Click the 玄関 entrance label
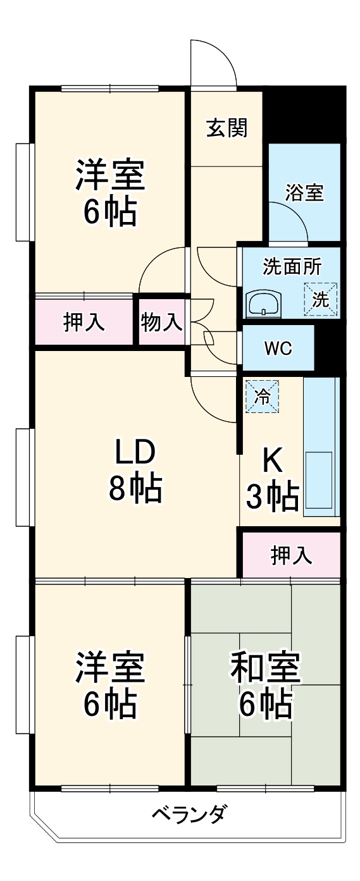[x=226, y=128]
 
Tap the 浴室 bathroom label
[x=304, y=192]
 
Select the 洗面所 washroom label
[x=292, y=266]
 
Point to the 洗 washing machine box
[x=321, y=299]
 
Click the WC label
[x=278, y=348]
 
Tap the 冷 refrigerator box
[x=261, y=397]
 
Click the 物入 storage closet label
[x=161, y=323]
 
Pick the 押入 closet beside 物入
[x=84, y=323]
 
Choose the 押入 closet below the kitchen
[x=291, y=555]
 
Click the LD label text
[x=134, y=453]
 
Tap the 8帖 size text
[x=134, y=488]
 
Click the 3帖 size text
[x=272, y=496]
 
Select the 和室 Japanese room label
[x=264, y=667]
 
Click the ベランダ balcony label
[x=189, y=813]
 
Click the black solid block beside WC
[x=328, y=348]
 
